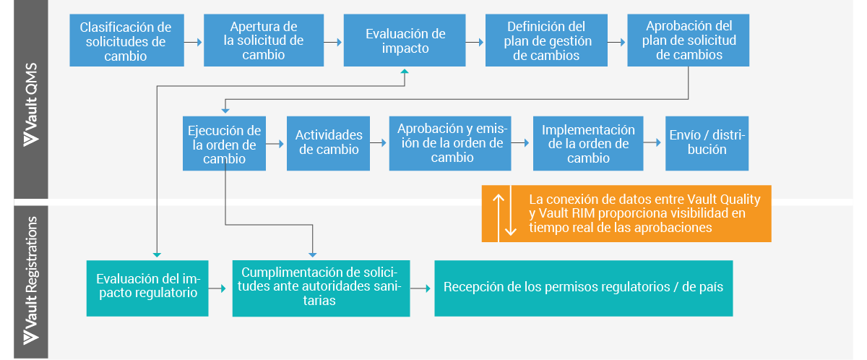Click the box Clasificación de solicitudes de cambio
(126, 40)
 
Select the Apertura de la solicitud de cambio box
(263, 40)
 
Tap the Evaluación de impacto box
(405, 41)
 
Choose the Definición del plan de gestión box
(546, 40)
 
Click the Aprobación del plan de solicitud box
(688, 40)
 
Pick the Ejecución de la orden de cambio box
(224, 143)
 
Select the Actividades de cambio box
(328, 143)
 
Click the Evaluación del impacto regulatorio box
(147, 288)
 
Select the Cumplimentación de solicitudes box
(321, 288)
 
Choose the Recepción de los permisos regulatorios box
(583, 288)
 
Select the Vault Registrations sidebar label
(30, 282)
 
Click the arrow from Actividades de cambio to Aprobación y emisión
(376, 143)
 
